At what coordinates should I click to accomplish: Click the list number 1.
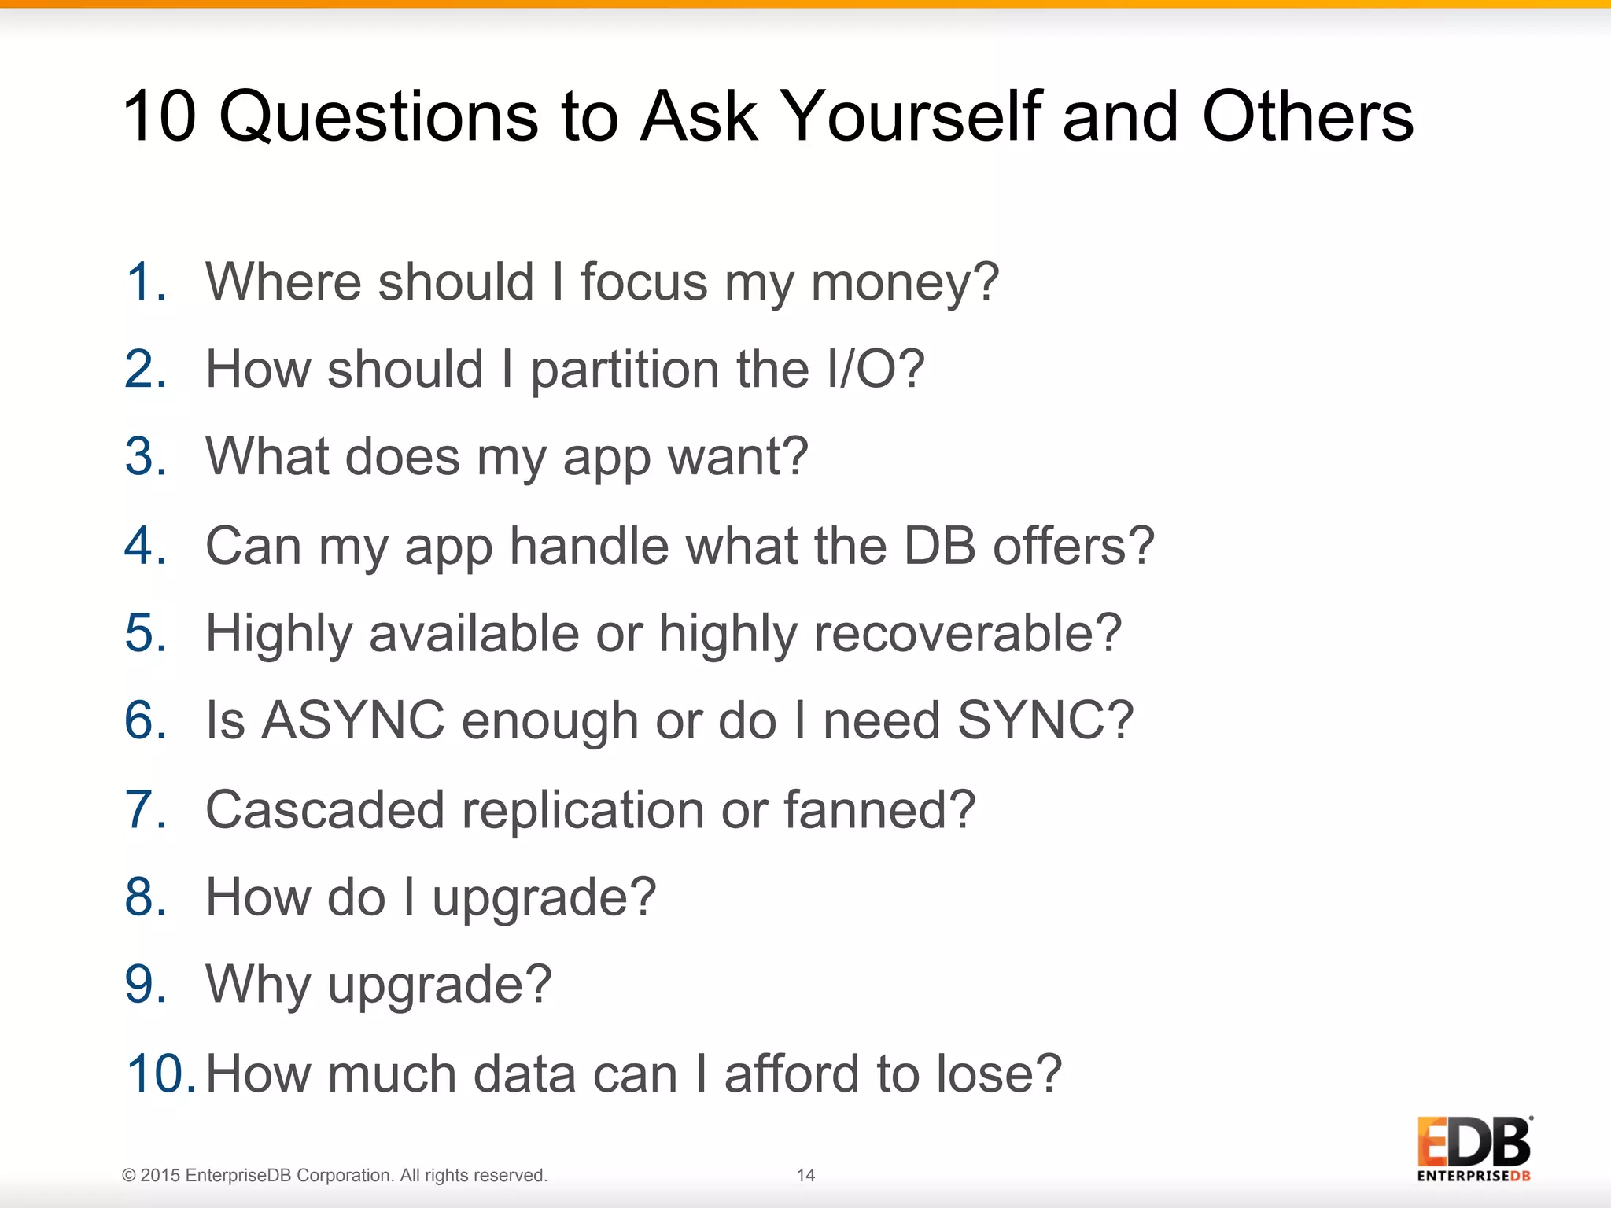pyautogui.click(x=146, y=282)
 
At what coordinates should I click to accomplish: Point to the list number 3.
pyautogui.click(x=146, y=456)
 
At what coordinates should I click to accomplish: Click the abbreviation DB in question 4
pyautogui.click(x=939, y=545)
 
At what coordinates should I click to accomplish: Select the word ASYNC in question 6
pyautogui.click(x=352, y=720)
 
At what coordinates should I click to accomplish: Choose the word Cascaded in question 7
pyautogui.click(x=325, y=809)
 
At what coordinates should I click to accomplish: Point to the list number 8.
pyautogui.click(x=146, y=897)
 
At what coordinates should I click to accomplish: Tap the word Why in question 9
pyautogui.click(x=258, y=985)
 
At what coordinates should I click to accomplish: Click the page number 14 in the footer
pyautogui.click(x=805, y=1175)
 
